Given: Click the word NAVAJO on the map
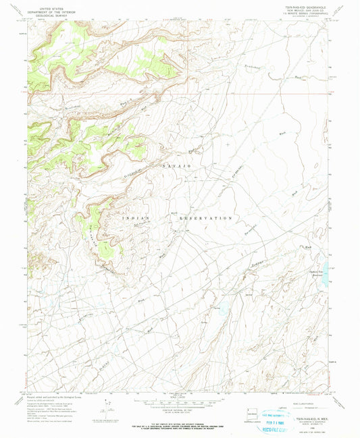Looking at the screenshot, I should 178,165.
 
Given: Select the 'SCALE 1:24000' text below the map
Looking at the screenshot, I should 178,396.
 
